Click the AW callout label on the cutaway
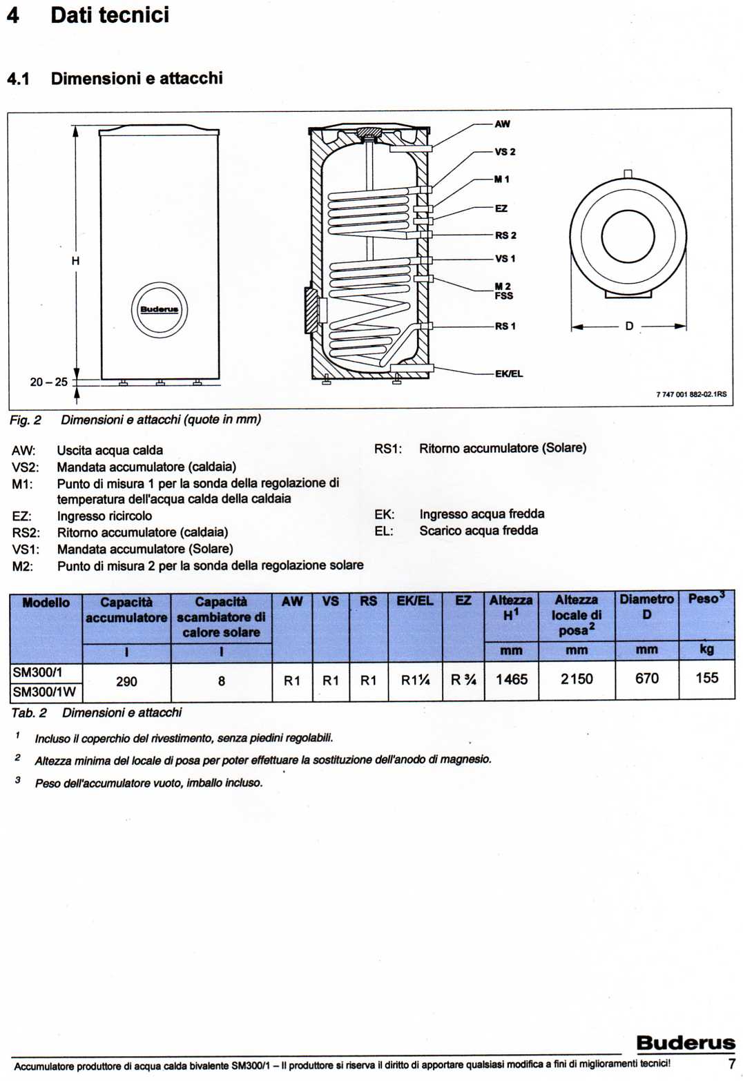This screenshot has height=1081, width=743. (502, 124)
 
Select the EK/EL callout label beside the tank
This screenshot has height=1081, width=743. (509, 373)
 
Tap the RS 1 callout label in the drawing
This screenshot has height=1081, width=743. (505, 327)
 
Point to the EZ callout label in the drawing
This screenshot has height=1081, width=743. (501, 208)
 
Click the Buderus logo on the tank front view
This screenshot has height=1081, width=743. (160, 309)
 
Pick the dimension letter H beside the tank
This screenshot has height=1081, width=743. (75, 261)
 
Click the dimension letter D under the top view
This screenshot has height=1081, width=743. (629, 327)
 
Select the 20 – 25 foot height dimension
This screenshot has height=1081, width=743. (49, 382)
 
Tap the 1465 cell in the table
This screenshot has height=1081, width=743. (512, 679)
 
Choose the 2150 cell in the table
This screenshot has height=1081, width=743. (577, 679)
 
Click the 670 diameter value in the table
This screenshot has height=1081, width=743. (647, 679)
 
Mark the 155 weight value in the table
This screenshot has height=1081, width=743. (707, 678)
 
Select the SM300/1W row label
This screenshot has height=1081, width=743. (44, 692)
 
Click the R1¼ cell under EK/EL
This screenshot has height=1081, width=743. (415, 681)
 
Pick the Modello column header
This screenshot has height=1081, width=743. (46, 603)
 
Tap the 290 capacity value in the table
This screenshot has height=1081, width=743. (126, 681)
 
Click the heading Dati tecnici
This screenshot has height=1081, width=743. (110, 15)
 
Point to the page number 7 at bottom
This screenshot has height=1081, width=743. (731, 1064)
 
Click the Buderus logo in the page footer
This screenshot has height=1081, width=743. (686, 1042)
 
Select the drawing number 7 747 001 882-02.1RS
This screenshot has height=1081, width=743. (691, 394)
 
